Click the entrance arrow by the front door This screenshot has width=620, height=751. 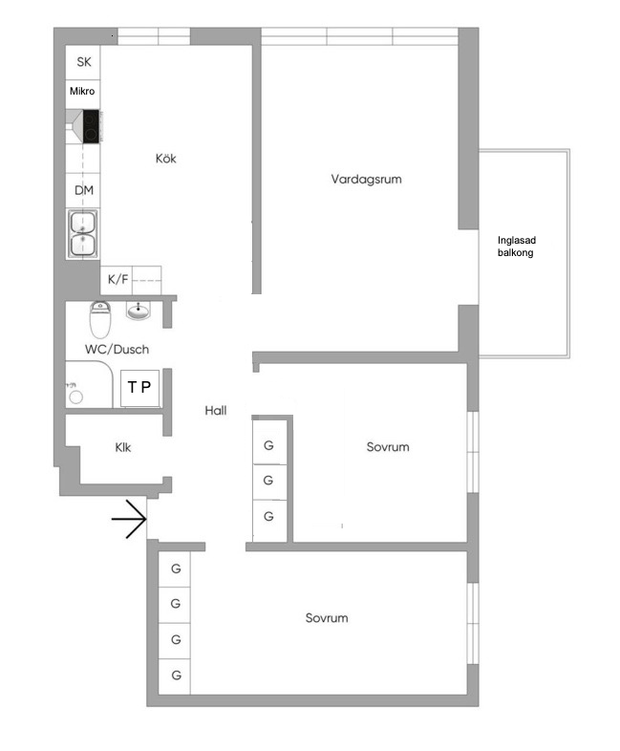(x=129, y=519)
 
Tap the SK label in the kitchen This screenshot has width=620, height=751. (x=84, y=62)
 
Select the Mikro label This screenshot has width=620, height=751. (x=82, y=91)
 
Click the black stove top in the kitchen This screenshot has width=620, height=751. (x=91, y=126)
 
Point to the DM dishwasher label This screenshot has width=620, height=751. (x=84, y=190)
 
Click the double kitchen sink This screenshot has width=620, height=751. (x=83, y=234)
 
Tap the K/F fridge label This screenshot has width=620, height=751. (x=118, y=279)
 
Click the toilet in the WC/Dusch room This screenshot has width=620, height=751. (x=100, y=319)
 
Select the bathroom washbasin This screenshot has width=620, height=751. (x=139, y=311)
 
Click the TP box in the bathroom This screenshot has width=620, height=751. (x=139, y=387)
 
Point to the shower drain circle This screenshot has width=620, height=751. (x=75, y=397)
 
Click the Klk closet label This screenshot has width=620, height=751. (x=122, y=447)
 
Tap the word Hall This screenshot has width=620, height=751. (x=216, y=411)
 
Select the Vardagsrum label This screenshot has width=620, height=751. (x=366, y=180)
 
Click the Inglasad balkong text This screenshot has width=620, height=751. (x=516, y=247)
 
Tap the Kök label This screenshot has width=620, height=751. (x=165, y=159)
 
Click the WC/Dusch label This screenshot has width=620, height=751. (x=117, y=349)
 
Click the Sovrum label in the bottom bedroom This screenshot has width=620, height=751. (x=327, y=618)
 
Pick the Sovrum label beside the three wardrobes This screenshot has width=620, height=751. (x=388, y=447)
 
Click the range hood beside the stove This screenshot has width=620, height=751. (x=75, y=126)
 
